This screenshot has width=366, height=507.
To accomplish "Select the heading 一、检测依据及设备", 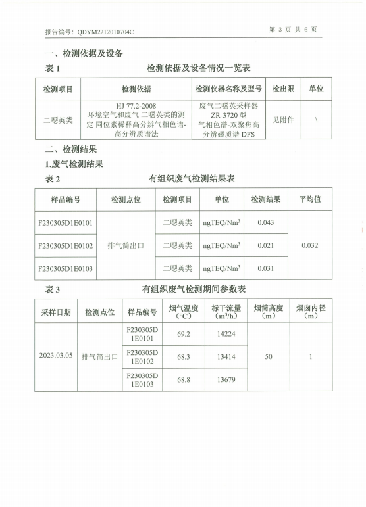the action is tap(83, 53).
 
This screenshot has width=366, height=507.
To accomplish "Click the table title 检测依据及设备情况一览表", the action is tap(198, 68).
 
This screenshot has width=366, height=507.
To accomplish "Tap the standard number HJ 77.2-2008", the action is tap(136, 105).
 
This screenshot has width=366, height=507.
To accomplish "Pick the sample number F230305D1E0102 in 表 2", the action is tap(65, 246).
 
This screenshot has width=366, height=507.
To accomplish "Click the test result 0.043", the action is tap(265, 222).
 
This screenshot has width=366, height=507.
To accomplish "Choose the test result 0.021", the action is tap(265, 246).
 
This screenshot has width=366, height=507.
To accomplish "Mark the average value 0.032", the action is tap(309, 246).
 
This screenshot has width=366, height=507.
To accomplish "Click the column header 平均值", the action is tap(309, 199).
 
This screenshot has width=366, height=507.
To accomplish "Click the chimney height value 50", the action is tap(268, 357).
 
